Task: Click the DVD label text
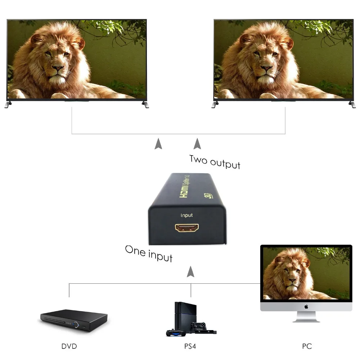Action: coord(69,346)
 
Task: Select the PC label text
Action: coord(307,346)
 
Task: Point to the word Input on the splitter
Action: coord(186,215)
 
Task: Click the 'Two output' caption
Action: coord(215,161)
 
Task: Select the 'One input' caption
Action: coord(149,253)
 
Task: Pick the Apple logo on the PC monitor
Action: coord(306,307)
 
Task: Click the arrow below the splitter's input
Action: coord(190,271)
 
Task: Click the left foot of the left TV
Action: coord(8,105)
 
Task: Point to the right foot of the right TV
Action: coord(351,105)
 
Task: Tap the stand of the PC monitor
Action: coord(306,317)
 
